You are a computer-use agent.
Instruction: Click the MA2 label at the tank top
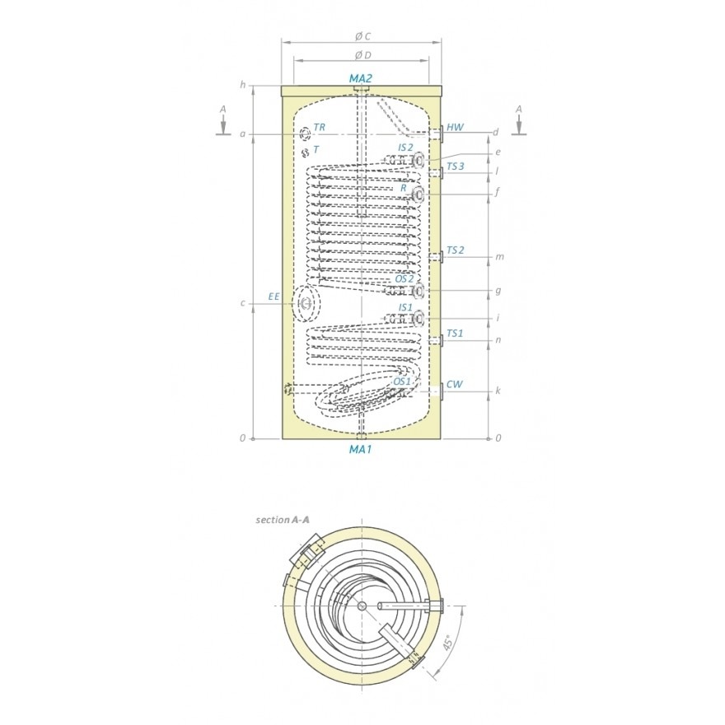point(360,78)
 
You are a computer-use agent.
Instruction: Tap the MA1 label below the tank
point(360,449)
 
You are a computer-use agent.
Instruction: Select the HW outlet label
point(455,127)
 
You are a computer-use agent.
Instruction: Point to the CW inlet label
point(455,384)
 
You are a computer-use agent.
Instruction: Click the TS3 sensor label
point(456,166)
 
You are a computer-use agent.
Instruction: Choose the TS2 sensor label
point(456,250)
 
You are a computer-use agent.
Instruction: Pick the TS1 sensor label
point(455,334)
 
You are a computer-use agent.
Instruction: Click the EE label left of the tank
point(274,297)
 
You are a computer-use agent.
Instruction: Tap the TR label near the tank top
point(319,127)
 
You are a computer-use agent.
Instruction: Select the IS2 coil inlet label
point(405,147)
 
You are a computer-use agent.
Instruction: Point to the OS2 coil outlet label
point(405,278)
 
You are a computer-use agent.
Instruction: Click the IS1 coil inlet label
point(405,307)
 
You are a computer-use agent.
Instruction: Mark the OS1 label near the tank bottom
point(402,381)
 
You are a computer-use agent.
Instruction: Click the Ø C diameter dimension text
point(362,36)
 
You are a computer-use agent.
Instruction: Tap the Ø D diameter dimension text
point(363,55)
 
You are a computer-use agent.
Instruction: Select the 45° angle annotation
point(447,643)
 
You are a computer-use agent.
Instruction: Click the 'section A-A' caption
point(283,520)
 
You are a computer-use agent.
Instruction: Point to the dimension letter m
point(499,256)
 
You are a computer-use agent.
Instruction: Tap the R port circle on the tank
point(418,195)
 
